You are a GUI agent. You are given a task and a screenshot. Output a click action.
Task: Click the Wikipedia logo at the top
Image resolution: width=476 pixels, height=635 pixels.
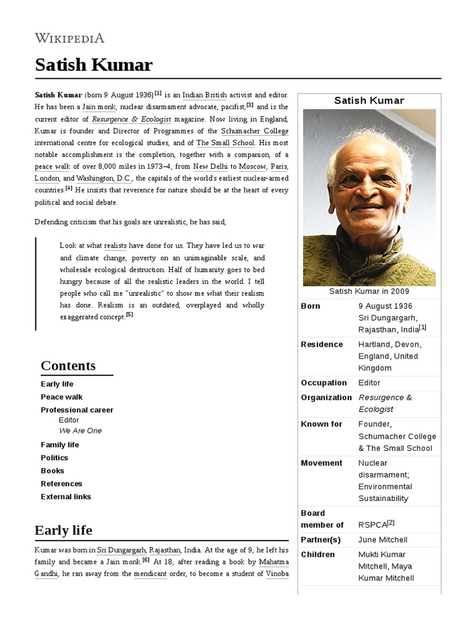click(69, 38)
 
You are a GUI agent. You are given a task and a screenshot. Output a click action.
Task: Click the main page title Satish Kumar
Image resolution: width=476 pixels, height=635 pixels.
click(93, 65)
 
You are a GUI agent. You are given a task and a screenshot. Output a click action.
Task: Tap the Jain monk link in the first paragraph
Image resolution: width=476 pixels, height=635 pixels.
click(99, 107)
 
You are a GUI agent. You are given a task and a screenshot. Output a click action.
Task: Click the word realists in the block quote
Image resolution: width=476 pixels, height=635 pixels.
click(115, 246)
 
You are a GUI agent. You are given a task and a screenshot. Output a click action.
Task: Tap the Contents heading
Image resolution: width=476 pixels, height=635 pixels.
click(68, 365)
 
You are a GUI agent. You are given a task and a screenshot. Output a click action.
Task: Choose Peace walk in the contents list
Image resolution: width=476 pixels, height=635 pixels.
click(61, 397)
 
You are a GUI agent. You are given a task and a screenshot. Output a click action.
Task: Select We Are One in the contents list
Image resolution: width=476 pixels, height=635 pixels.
click(80, 430)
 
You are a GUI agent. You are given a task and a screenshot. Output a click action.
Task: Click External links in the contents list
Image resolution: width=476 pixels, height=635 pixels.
click(66, 497)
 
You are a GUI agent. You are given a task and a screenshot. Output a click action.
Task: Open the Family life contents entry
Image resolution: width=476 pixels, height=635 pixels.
click(59, 445)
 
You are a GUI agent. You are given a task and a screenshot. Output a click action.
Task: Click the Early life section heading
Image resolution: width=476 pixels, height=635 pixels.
click(63, 530)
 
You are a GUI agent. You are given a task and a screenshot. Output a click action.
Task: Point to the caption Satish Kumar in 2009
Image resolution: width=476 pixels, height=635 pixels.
click(369, 291)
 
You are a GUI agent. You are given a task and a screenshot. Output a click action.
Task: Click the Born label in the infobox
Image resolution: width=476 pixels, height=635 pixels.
click(311, 306)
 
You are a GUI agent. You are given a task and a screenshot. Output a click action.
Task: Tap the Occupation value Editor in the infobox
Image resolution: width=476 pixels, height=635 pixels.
click(369, 383)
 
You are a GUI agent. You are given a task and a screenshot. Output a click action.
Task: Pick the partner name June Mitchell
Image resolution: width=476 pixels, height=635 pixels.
click(382, 540)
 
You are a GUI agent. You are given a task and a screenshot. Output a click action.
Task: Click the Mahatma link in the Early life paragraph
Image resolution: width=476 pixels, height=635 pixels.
click(273, 562)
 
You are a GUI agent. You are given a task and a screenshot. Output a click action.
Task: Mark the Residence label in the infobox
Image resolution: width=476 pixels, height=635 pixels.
click(322, 344)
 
